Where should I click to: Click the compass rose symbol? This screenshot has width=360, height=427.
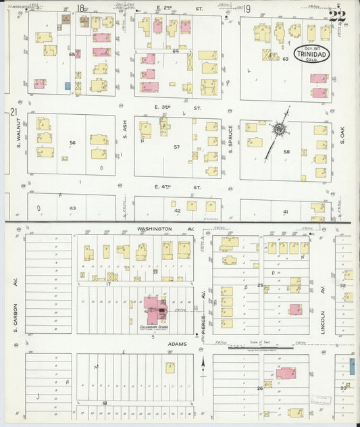[x=278, y=128]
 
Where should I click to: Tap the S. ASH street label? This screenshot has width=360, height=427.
[x=125, y=130]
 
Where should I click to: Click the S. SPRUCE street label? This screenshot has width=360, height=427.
[x=230, y=139]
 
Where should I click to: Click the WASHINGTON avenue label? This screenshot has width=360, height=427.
[x=155, y=229]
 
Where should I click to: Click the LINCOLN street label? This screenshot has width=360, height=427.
[x=324, y=308]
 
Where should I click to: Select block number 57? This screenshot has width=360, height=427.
[x=177, y=147]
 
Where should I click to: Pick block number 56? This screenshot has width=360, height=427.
[x=72, y=143]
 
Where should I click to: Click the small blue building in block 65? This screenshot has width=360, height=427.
[x=67, y=86]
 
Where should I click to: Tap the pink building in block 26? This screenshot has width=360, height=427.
[x=286, y=373]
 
